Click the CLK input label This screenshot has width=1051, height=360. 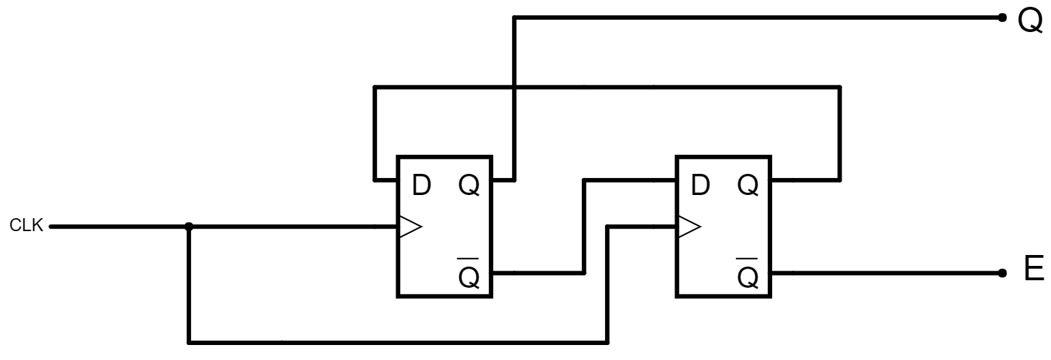click(x=27, y=226)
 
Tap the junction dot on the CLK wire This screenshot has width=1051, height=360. click(x=189, y=227)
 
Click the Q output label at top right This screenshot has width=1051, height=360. click(x=1030, y=21)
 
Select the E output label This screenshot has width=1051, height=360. click(x=1034, y=269)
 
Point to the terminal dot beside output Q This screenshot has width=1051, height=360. click(x=1002, y=18)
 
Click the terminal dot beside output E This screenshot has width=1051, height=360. click(x=1002, y=273)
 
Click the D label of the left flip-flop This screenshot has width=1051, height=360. click(x=421, y=185)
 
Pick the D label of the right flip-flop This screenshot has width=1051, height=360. click(x=700, y=185)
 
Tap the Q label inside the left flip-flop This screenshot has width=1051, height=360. click(x=469, y=185)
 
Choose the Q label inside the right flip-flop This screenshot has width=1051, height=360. click(x=748, y=185)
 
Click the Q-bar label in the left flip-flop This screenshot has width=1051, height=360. click(x=469, y=273)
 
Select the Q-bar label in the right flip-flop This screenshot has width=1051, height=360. click(x=748, y=273)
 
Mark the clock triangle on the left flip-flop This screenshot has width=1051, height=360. click(x=411, y=227)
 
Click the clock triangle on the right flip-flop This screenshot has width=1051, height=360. click(x=690, y=227)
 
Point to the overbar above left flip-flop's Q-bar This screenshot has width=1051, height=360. click(x=469, y=258)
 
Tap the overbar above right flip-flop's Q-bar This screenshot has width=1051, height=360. click(x=747, y=258)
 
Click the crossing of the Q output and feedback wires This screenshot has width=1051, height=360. click(x=514, y=87)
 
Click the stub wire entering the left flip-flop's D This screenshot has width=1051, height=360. click(x=385, y=180)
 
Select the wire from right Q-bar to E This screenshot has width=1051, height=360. click(x=887, y=273)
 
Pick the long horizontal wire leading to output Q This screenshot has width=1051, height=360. click(x=758, y=18)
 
